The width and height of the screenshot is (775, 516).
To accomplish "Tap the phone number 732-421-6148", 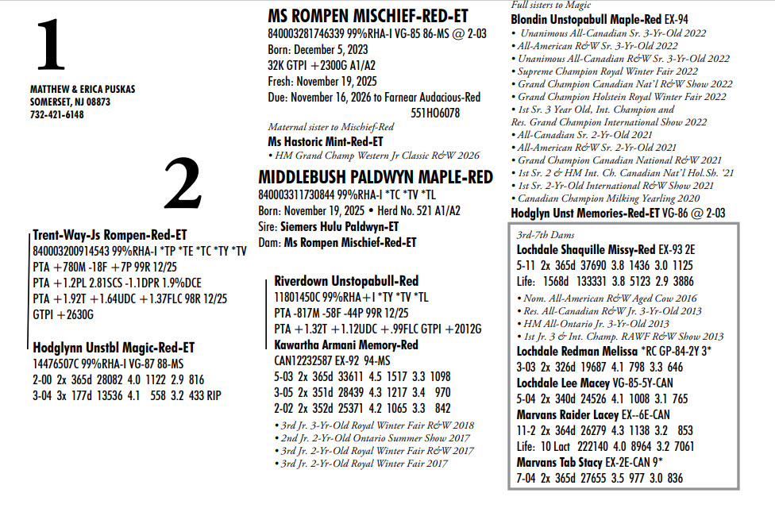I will [x=57, y=114].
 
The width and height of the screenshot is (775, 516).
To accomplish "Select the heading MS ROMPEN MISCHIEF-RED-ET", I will [x=368, y=17].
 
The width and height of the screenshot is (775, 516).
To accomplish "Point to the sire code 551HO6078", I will [x=435, y=113].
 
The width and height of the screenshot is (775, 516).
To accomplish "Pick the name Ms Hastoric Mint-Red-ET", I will [x=326, y=141].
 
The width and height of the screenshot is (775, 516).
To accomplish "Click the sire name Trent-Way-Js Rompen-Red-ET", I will [x=110, y=235].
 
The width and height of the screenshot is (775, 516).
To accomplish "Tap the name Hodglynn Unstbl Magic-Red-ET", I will [x=114, y=348].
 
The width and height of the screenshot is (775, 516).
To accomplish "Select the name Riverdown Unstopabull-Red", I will [x=346, y=281].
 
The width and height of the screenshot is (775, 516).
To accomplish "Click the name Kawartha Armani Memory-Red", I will [x=346, y=345].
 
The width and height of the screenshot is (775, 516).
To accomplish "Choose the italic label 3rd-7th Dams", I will [x=545, y=235].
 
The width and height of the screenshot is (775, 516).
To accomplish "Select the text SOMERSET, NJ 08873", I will [x=71, y=102].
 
